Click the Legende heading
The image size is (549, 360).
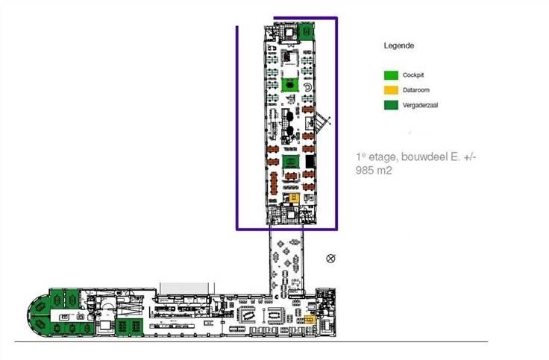(398, 46)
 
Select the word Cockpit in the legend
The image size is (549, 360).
(413, 76)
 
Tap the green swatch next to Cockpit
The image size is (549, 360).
(390, 76)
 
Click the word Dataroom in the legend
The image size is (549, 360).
(415, 90)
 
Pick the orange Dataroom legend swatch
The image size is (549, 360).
(390, 90)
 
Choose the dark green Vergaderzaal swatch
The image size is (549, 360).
(390, 105)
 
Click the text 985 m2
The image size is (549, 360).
(375, 170)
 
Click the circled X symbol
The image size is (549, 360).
(331, 259)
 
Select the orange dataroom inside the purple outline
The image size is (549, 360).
(294, 198)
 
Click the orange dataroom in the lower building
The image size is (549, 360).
(308, 320)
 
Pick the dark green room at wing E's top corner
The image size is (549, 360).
(306, 32)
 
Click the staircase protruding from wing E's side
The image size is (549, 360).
(321, 121)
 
